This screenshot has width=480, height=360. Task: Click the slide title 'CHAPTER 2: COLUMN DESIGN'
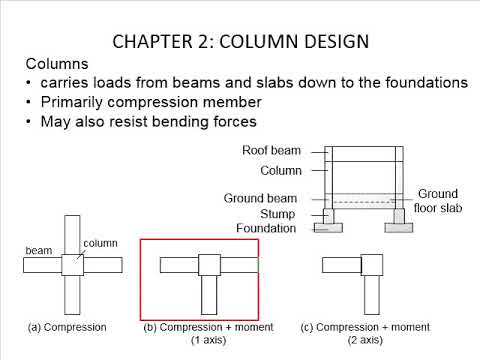(x=240, y=41)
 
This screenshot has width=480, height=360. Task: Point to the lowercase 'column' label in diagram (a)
(x=101, y=243)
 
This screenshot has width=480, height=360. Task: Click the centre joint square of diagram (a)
(x=73, y=265)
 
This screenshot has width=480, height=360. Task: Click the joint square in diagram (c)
(x=369, y=265)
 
